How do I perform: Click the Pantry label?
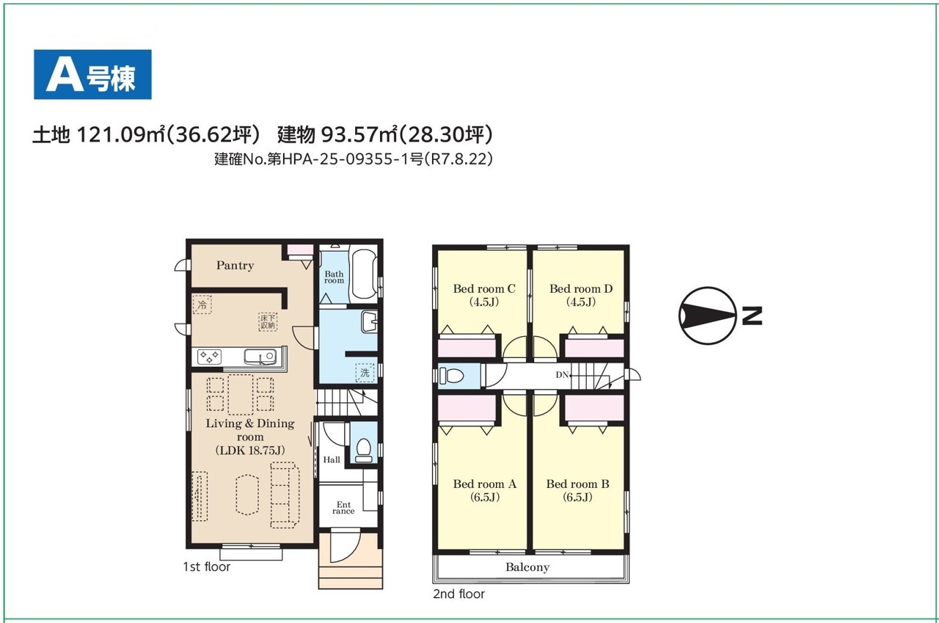[235, 266]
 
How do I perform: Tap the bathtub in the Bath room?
[363, 274]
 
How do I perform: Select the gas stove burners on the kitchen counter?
[209, 357]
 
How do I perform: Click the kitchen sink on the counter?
[260, 357]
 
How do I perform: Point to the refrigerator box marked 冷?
[202, 305]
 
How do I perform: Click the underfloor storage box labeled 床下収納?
[268, 321]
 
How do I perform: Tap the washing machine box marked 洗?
[365, 372]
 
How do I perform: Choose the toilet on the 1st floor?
[363, 450]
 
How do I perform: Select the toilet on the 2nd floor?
[451, 375]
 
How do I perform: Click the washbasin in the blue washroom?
[369, 321]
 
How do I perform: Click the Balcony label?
[527, 567]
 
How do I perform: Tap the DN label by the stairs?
[562, 374]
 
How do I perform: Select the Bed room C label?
[484, 288]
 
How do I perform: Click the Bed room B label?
[577, 484]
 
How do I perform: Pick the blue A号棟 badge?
[92, 75]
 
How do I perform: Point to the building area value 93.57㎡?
[359, 134]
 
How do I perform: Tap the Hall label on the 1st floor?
[332, 460]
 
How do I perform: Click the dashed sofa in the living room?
[285, 495]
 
